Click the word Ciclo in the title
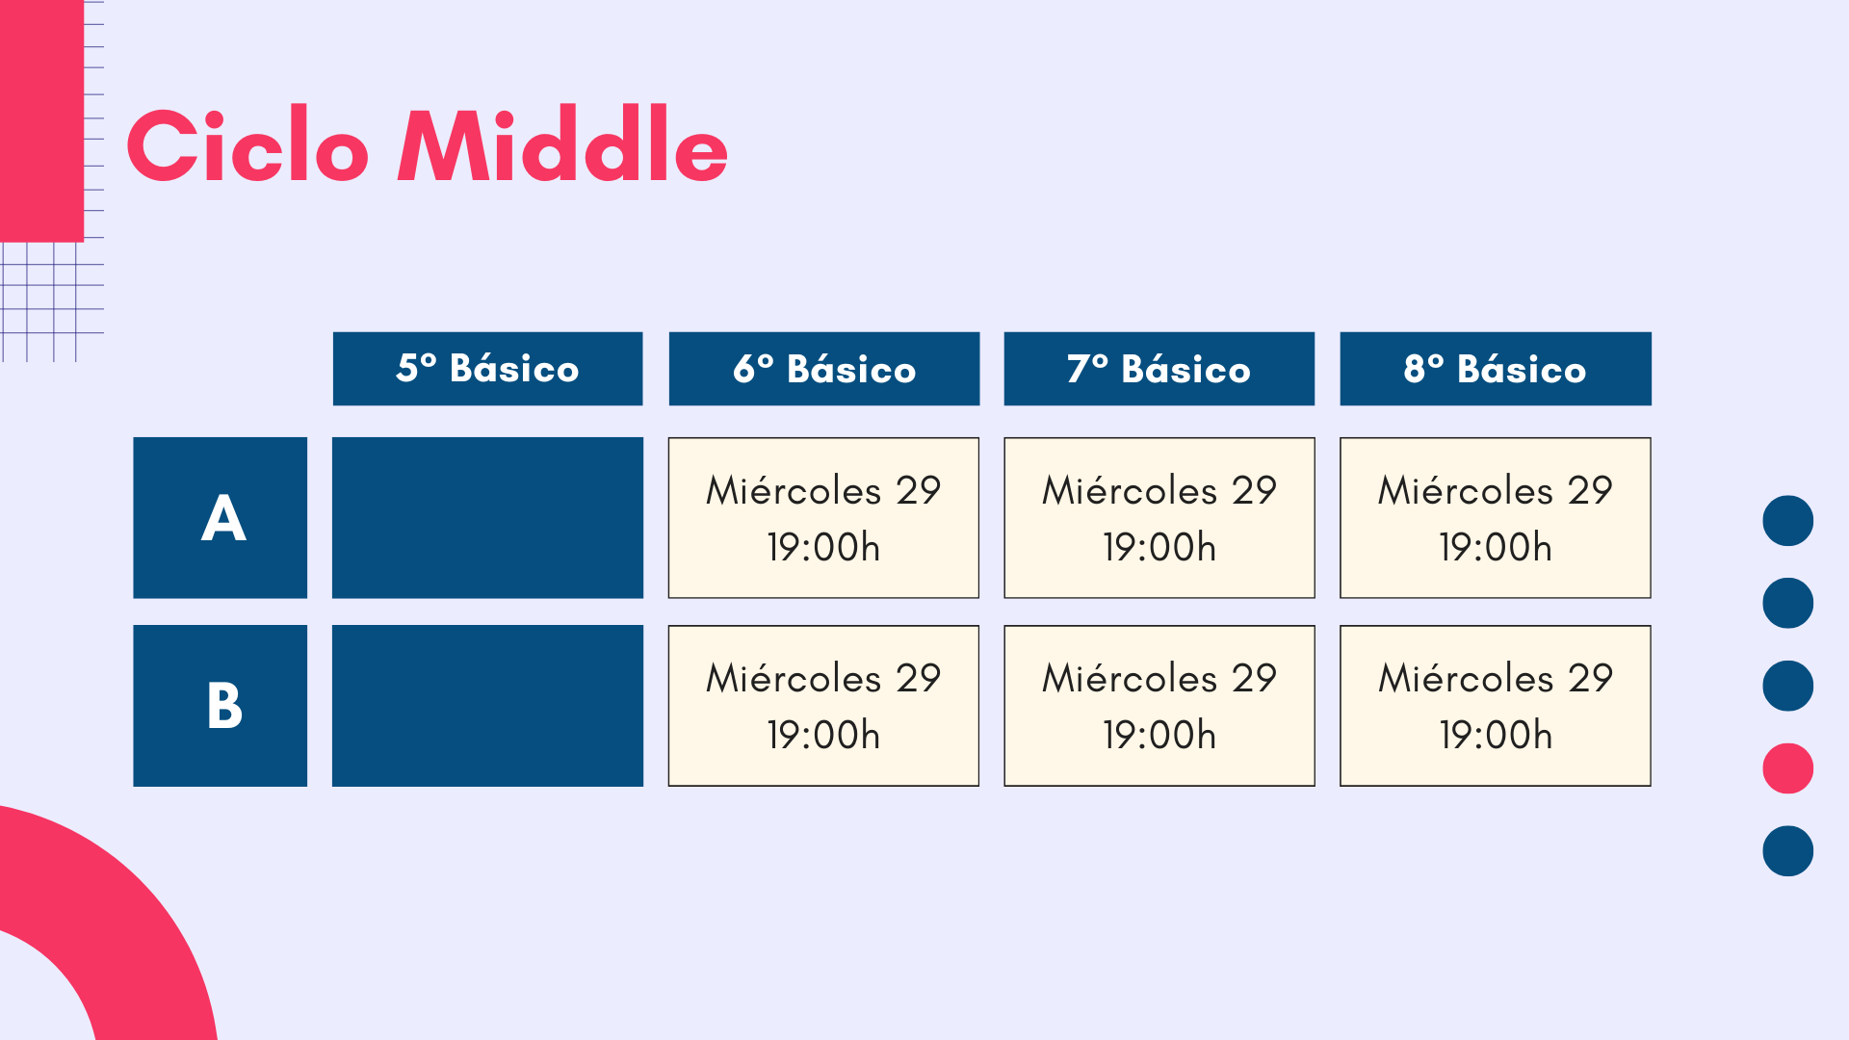[247, 145]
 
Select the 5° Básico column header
[487, 369]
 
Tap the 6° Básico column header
[824, 369]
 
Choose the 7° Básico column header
[1159, 369]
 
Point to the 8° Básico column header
[1496, 369]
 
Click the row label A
[221, 518]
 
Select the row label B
[221, 706]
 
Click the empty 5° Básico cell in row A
[487, 518]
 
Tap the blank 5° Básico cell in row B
[487, 706]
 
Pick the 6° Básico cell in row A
[824, 518]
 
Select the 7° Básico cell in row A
[1159, 518]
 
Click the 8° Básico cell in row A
[1496, 518]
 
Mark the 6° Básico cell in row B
[824, 706]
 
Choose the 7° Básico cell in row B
[1159, 706]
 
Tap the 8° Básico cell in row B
[1496, 706]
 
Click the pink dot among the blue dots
[1788, 768]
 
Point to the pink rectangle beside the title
[41, 120]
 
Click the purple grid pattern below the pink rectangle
[52, 301]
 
